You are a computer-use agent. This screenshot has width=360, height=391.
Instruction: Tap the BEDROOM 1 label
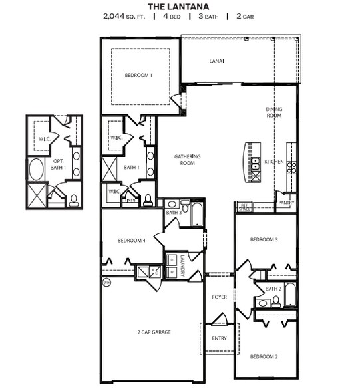138,76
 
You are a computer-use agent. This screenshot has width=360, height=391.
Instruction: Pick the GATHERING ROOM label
188,160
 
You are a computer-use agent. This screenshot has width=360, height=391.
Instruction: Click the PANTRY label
287,202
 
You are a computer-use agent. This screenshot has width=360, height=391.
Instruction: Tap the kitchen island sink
256,162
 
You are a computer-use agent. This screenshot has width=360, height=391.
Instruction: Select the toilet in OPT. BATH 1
73,199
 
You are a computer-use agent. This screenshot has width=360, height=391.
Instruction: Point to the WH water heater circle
106,283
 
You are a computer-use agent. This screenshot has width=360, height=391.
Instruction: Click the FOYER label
219,297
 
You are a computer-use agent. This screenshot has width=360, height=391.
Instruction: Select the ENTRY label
219,338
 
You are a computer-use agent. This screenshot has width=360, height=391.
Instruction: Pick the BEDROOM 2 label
263,356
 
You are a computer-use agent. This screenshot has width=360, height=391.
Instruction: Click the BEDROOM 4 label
132,241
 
